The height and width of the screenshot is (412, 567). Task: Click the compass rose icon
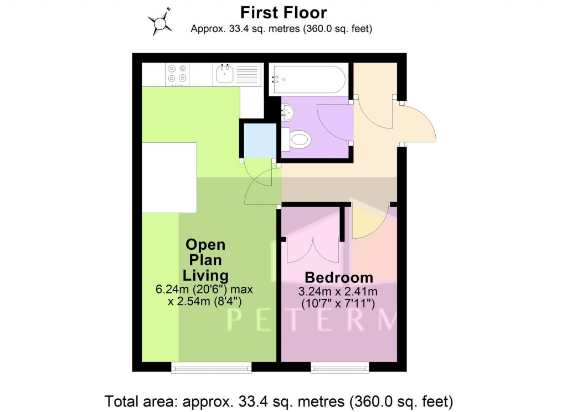[160, 22]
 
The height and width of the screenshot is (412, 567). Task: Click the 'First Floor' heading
[283, 13]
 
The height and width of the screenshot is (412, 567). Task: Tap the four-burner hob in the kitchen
[177, 75]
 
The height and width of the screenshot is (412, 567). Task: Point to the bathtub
[308, 79]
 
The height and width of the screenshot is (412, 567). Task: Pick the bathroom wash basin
[287, 112]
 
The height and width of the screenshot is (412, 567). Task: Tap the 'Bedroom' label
[339, 277]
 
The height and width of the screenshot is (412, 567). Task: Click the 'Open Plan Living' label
[205, 260]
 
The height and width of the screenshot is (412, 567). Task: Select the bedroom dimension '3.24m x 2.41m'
[338, 291]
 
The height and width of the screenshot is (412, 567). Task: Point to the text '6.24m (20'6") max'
[204, 290]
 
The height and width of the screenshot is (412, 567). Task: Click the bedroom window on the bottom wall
[340, 367]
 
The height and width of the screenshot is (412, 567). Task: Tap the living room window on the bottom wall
[211, 367]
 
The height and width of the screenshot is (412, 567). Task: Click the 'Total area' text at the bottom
[279, 401]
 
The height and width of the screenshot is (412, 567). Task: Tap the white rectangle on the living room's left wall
[169, 178]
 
